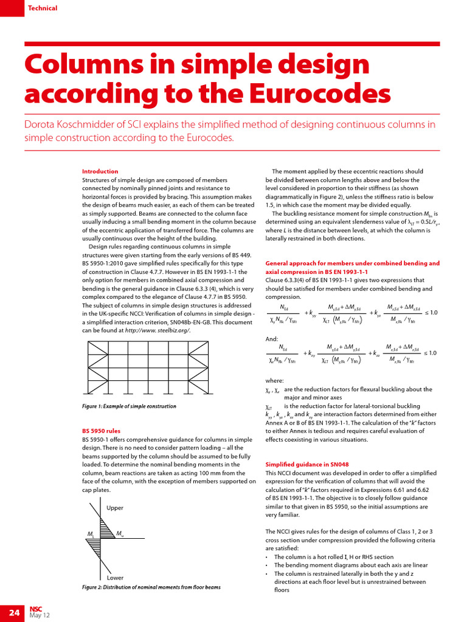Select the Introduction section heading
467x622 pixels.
(x=100, y=171)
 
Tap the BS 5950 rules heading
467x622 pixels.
(x=101, y=431)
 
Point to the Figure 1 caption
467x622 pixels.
(x=129, y=406)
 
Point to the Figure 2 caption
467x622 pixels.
(x=151, y=587)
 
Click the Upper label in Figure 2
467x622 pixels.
(x=115, y=508)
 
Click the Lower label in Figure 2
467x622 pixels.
(x=115, y=578)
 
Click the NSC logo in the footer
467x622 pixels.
(x=35, y=608)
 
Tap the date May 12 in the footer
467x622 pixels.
(x=40, y=616)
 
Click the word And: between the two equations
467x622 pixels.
(x=272, y=338)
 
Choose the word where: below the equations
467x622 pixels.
(x=274, y=380)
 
